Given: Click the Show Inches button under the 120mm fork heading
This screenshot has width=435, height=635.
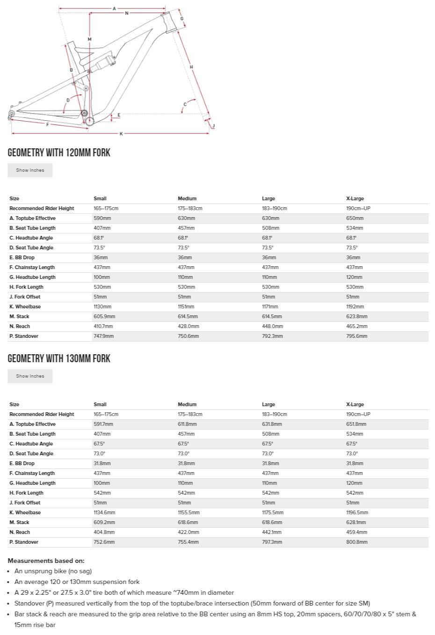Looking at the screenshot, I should click(x=30, y=170).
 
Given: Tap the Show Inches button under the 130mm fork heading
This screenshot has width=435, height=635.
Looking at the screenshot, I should click(x=30, y=376).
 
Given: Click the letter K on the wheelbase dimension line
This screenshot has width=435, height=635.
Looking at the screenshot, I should click(x=121, y=134).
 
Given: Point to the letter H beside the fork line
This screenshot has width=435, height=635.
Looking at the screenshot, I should click(x=191, y=67).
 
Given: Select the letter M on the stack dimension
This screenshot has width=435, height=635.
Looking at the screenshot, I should click(x=89, y=39).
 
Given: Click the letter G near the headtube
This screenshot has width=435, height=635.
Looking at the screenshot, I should click(x=182, y=19).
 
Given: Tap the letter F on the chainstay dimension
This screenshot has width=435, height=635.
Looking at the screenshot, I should click(x=47, y=124).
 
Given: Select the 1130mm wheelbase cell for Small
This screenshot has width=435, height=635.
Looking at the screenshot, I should click(x=102, y=307).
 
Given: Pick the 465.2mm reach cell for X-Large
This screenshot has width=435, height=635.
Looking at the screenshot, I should click(x=357, y=326).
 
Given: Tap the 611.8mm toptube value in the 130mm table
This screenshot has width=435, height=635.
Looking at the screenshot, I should click(x=187, y=424).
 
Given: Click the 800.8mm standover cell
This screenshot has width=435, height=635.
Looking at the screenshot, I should click(x=357, y=542).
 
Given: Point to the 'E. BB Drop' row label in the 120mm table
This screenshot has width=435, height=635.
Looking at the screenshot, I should click(x=22, y=257).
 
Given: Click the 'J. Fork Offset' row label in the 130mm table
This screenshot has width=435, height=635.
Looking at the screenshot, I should click(x=25, y=503).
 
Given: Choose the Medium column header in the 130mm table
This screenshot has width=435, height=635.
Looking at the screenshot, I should click(x=187, y=404).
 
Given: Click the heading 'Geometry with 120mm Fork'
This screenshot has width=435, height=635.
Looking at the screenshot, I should click(x=59, y=153).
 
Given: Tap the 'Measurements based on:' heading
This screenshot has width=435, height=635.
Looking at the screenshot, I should click(x=46, y=561).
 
